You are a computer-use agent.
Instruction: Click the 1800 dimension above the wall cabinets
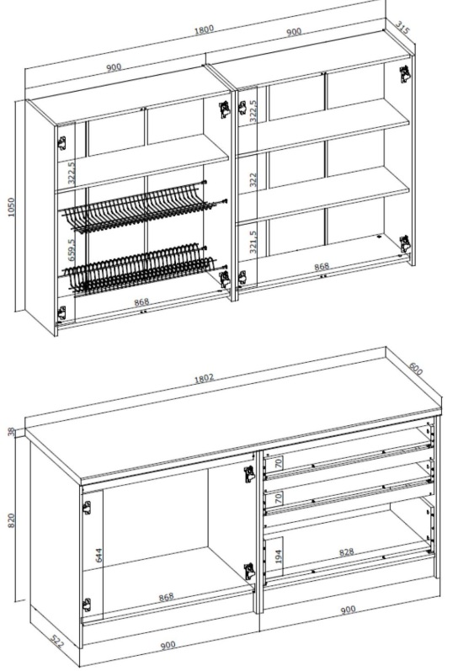(x=204, y=29)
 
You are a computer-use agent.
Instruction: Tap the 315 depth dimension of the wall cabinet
(x=402, y=28)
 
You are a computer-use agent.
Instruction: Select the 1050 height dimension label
(x=11, y=207)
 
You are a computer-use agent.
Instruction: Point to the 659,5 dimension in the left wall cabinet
(x=71, y=249)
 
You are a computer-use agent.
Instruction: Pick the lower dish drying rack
(x=141, y=268)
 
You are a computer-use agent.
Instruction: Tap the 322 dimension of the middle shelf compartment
(x=253, y=179)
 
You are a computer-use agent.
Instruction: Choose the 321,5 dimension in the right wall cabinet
(x=253, y=242)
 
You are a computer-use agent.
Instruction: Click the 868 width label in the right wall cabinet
(x=322, y=267)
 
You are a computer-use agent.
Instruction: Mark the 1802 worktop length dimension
(x=203, y=379)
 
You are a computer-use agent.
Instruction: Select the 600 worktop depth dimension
(x=416, y=369)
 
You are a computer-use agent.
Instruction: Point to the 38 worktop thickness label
(x=11, y=431)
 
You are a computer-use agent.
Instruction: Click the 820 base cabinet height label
(x=11, y=520)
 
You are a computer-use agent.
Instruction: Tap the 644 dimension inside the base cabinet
(x=99, y=555)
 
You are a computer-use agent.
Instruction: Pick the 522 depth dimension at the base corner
(x=57, y=642)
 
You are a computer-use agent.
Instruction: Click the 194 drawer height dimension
(x=278, y=557)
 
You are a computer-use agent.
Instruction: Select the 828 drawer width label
(x=346, y=552)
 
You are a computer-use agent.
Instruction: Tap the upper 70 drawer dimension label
(x=278, y=462)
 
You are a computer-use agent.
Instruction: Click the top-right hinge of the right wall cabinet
(x=404, y=74)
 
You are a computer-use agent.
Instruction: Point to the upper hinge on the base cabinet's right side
(x=249, y=474)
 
